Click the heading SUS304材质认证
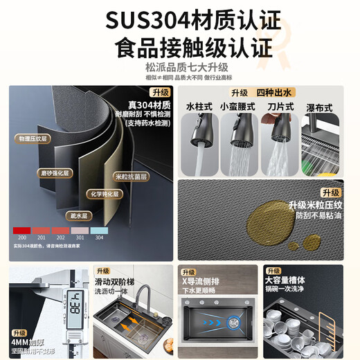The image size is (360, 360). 179,19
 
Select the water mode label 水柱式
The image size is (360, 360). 199,107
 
